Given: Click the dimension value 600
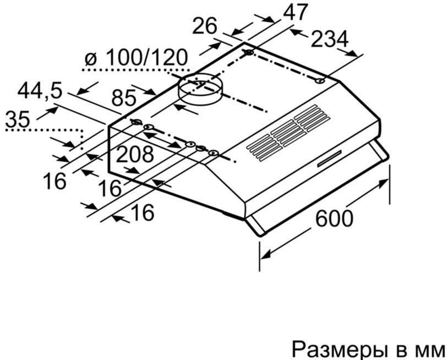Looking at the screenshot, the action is [334, 218].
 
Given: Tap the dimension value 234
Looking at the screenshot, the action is [330, 39].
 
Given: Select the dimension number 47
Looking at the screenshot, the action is [295, 12].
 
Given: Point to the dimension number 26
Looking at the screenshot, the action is [205, 26].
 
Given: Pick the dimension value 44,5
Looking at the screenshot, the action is [40, 91].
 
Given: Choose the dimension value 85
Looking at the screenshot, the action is [124, 98].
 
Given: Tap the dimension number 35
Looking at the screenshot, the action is [18, 118].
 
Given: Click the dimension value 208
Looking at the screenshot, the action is [135, 154].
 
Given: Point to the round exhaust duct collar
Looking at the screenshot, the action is [199, 89].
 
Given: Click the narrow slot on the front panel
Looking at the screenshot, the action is [329, 159].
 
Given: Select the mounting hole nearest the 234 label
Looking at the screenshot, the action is [320, 81].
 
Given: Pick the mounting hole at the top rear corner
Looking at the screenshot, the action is [249, 52].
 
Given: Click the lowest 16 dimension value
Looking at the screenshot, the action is [143, 212].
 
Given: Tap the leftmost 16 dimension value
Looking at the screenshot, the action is [54, 181].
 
